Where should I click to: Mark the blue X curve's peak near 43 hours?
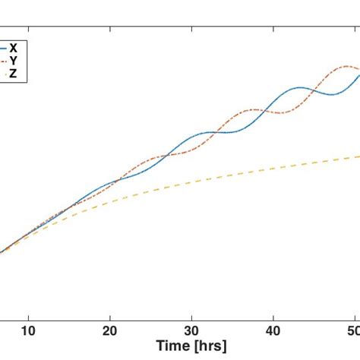click(x=302, y=87)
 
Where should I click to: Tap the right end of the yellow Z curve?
click(x=358, y=156)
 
